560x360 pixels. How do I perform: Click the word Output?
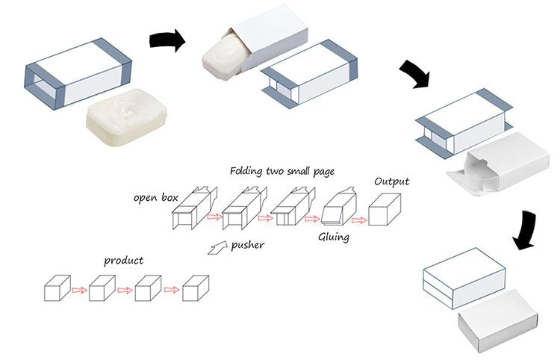point(391,181)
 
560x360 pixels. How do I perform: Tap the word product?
point(123,261)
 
